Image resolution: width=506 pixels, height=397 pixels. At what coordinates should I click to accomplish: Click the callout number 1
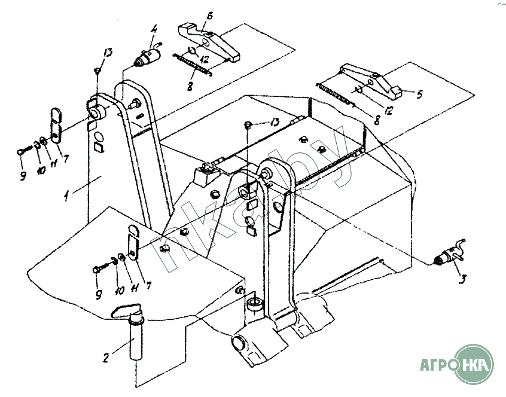[66, 196]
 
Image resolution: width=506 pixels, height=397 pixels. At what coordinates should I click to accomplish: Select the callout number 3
[463, 279]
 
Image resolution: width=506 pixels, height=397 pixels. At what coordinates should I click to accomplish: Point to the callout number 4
[154, 29]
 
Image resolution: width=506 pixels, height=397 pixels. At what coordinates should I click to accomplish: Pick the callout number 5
[419, 94]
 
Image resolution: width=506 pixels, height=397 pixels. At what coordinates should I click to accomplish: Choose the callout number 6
[209, 15]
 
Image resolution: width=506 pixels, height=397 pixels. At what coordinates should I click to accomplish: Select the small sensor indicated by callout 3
[450, 252]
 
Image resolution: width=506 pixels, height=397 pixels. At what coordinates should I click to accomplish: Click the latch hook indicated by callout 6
[209, 42]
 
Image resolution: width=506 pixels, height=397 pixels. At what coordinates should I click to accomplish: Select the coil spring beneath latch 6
[192, 65]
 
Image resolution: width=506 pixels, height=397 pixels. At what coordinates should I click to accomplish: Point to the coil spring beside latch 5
[336, 95]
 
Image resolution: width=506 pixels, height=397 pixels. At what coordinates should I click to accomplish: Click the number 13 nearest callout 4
[108, 53]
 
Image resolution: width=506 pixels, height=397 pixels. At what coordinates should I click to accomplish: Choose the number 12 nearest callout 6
[203, 59]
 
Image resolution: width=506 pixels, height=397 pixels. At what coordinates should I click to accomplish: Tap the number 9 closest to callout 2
[99, 294]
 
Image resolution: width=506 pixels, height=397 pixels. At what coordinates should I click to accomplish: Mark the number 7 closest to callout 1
[66, 158]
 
